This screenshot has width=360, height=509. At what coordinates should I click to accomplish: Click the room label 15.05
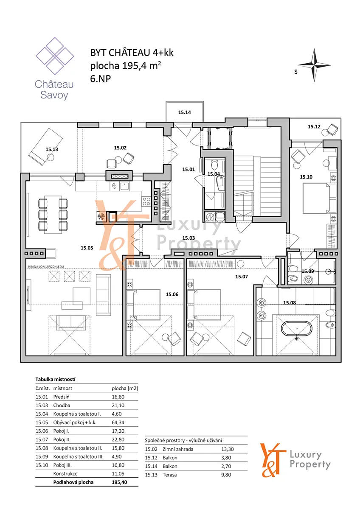[x=87, y=248]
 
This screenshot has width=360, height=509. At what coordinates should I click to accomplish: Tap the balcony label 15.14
[x=184, y=112]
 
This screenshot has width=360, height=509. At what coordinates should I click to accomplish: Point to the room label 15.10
[x=306, y=177]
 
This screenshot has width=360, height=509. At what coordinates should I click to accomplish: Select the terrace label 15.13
[x=52, y=149]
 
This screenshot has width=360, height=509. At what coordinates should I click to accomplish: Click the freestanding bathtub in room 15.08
[x=297, y=328]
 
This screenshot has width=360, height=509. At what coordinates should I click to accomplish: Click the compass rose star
[x=314, y=65]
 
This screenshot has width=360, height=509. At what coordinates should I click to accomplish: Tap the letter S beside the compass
[x=295, y=72]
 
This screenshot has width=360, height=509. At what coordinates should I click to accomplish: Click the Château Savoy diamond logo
[x=55, y=56]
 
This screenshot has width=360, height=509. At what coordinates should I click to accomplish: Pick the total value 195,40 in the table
[x=119, y=482]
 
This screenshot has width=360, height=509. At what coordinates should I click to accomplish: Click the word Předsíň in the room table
[x=62, y=397]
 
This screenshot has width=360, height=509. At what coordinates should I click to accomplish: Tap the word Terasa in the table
[x=170, y=475]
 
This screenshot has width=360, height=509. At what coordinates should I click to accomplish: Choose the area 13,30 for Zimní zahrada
[x=228, y=449]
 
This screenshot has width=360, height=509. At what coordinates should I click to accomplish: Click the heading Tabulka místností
[x=56, y=379]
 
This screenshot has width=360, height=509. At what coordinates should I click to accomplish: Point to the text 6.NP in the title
[x=101, y=78]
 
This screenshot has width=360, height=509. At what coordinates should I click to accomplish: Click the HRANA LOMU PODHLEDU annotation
[x=46, y=266]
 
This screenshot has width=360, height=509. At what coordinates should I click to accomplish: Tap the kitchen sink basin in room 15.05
[x=125, y=187]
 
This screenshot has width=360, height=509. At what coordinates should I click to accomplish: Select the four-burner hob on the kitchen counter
[x=146, y=201]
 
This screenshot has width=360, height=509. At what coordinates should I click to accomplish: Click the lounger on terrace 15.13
[x=45, y=147]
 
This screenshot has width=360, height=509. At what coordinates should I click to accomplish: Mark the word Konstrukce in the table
[x=65, y=473]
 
